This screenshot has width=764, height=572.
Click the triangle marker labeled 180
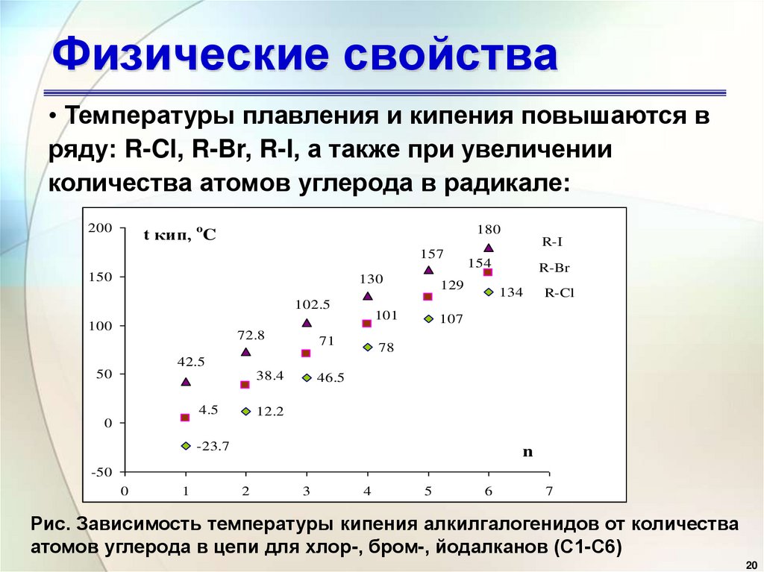489,248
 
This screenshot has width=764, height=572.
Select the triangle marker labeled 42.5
186,382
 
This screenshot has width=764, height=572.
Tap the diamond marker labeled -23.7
185,446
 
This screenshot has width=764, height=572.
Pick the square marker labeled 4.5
185,418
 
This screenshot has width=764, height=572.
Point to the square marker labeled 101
366,324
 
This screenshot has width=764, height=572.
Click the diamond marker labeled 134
489,292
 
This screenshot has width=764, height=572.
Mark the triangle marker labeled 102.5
307,323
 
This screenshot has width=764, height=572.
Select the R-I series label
552,242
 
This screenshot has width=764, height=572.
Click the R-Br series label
554,267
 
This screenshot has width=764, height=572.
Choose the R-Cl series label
559,293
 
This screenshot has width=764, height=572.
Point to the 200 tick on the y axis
99,227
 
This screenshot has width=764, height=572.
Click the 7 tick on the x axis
549,491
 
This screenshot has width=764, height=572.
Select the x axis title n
527,452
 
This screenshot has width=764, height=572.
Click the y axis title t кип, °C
180,236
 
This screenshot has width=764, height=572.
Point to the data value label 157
431,254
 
